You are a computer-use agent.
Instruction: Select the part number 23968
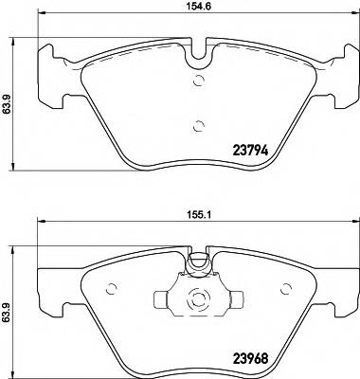point(253,360)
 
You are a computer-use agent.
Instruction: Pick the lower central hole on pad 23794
point(198,126)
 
